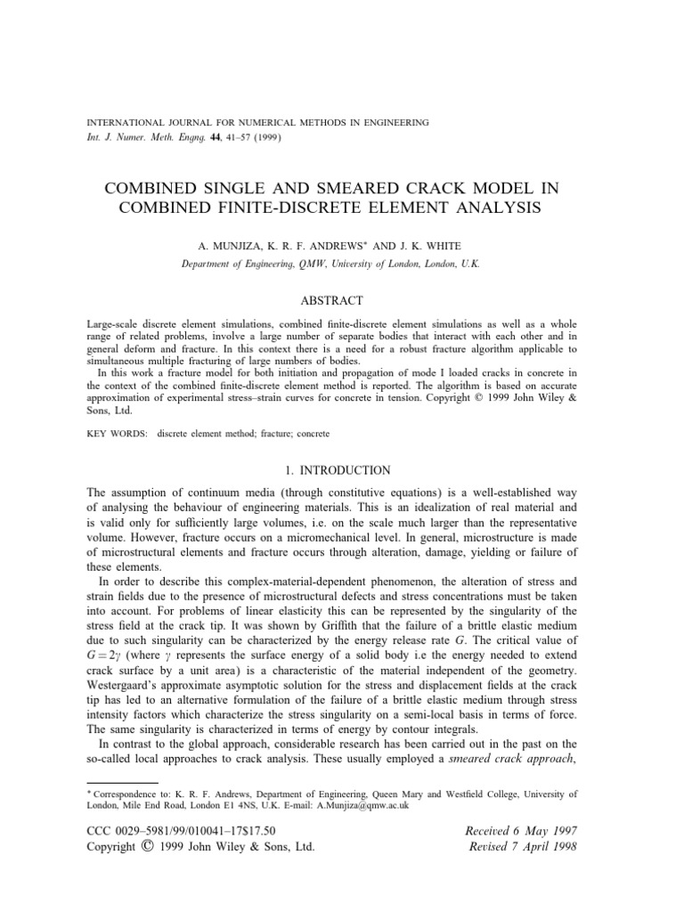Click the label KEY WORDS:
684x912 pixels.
coord(118,433)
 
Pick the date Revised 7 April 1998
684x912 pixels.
coord(516,847)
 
